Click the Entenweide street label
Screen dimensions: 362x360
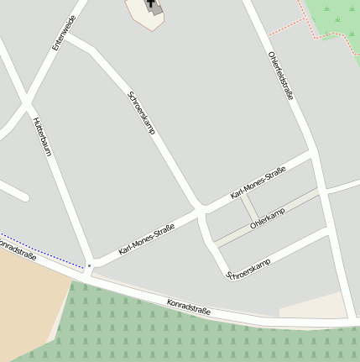coord(64,33)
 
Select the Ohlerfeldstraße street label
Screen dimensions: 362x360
coord(280,76)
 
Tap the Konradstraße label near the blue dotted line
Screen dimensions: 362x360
coord(17,249)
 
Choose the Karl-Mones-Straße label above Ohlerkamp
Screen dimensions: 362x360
coord(258,183)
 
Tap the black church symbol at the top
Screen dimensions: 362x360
coord(154,6)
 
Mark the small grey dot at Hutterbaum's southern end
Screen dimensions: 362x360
coord(88,266)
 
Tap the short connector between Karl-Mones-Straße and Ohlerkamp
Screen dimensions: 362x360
coord(249,209)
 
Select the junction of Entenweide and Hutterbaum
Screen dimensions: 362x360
coord(28,107)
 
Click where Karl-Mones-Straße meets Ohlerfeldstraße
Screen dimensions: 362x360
coord(314,157)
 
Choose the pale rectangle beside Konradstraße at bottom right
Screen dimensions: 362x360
coord(312,307)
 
